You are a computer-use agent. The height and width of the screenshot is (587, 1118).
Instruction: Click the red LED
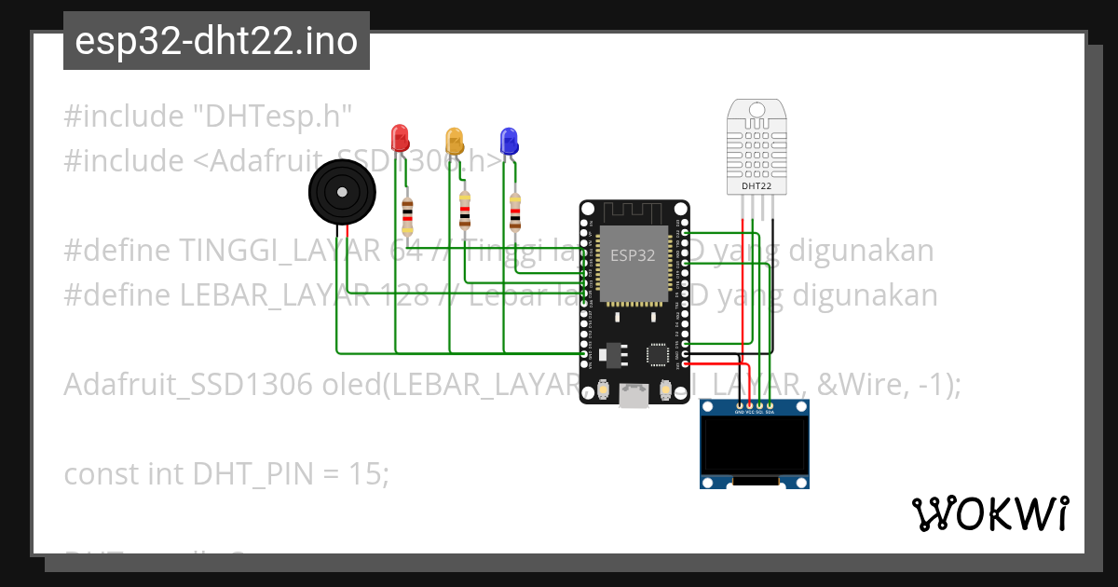(x=400, y=138)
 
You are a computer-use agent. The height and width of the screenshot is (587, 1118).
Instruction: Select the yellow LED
(x=454, y=141)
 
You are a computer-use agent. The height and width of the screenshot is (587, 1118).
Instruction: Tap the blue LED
(x=509, y=140)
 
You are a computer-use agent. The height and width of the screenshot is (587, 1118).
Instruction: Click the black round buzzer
(x=343, y=193)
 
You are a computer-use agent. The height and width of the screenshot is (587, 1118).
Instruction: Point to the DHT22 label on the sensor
(x=756, y=185)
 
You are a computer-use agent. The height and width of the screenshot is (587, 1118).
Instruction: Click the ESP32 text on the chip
(x=633, y=254)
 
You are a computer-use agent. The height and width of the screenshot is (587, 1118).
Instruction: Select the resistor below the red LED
(x=407, y=216)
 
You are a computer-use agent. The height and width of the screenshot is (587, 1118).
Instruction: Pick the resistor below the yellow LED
(x=465, y=211)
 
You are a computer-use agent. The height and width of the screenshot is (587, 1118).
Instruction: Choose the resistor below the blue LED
(x=515, y=212)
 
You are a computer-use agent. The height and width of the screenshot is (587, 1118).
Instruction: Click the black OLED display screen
(x=755, y=445)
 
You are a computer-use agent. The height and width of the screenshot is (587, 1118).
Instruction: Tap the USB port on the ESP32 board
(x=634, y=396)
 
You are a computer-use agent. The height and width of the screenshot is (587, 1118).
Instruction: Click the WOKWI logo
(x=989, y=513)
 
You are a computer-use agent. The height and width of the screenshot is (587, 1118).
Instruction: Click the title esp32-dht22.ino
(x=216, y=42)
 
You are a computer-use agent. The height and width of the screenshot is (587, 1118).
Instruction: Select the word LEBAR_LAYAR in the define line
(x=267, y=295)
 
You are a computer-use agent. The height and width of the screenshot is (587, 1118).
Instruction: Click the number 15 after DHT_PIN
(x=370, y=474)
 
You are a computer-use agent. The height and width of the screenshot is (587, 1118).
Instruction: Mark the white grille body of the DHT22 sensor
(x=756, y=144)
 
